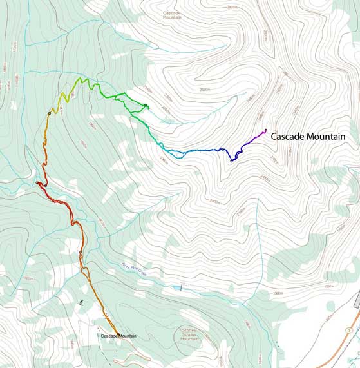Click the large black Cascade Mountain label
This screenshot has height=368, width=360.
click(x=308, y=137)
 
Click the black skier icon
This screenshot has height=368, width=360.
click(x=81, y=302)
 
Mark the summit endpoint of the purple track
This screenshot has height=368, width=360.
click(x=265, y=130)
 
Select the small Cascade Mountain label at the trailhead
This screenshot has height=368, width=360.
click(x=117, y=336)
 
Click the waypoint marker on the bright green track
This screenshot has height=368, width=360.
click(x=147, y=106)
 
